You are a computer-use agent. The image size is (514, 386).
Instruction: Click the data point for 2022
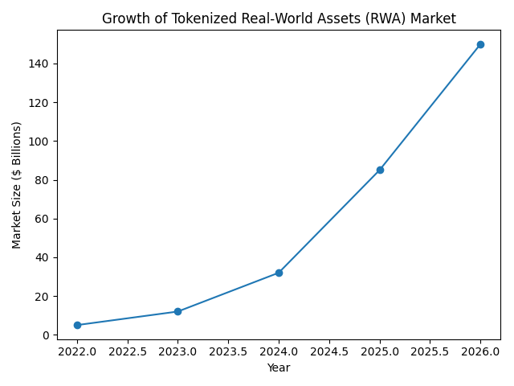point(77,325)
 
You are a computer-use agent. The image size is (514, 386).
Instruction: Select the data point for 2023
point(177,311)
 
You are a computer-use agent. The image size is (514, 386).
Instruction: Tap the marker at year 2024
point(279,273)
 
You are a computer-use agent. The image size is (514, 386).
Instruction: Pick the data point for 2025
point(380,170)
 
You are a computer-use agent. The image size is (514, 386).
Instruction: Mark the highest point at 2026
point(480,44)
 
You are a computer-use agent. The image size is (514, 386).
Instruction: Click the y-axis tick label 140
point(42,64)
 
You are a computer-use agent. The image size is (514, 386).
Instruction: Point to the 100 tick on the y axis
point(42,142)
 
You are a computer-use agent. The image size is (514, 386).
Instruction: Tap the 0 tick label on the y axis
point(47,335)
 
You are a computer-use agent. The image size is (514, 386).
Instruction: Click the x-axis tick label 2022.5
point(128,351)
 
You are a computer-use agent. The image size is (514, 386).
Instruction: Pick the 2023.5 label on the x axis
point(228,351)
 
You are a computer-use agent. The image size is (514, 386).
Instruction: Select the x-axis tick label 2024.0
point(279,351)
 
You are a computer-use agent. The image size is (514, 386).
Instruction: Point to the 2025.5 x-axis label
point(430,351)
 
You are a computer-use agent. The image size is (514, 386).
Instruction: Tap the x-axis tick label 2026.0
point(480,351)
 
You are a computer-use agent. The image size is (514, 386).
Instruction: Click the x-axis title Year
point(279,368)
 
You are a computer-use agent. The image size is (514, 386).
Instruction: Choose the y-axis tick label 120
point(42,103)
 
